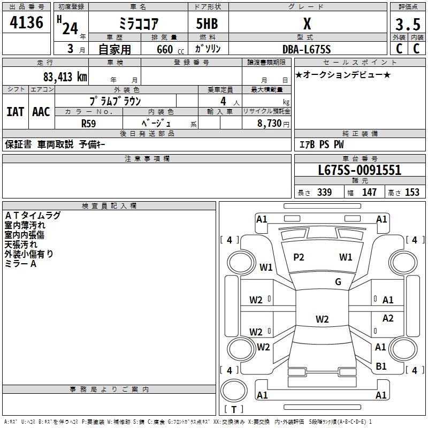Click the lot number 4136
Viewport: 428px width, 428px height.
tap(27, 23)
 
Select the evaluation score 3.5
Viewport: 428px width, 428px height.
tap(407, 25)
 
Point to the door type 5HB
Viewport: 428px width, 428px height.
tap(206, 24)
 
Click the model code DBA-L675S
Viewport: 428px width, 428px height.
tap(307, 49)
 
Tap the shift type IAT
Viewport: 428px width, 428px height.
tap(15, 112)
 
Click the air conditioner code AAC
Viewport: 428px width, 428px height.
tap(41, 112)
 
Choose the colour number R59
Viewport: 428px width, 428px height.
tap(89, 123)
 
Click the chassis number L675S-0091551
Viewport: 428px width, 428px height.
tap(359, 171)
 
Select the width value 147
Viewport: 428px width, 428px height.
tap(369, 193)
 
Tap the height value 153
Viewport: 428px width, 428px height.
tap(412, 193)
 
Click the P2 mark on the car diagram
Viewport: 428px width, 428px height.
tap(299, 257)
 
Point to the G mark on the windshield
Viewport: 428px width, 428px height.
tap(338, 282)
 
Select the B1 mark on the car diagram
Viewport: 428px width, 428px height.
tap(381, 366)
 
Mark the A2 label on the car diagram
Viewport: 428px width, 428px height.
tap(388, 318)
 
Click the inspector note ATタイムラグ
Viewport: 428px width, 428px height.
tap(33, 216)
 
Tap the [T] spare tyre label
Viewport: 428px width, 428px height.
tap(233, 410)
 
